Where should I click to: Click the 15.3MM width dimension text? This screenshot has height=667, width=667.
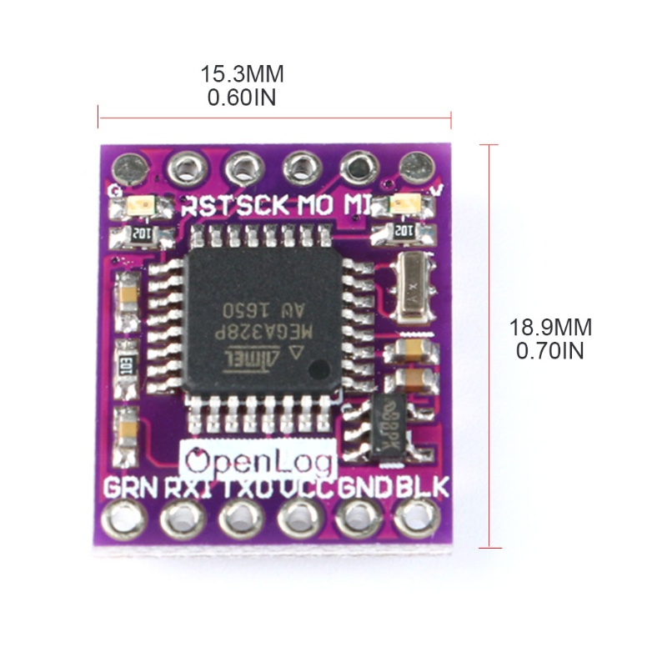pyautogui.click(x=242, y=74)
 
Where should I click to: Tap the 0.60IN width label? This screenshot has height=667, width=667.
pyautogui.click(x=242, y=98)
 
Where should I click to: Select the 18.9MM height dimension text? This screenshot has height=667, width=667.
pyautogui.click(x=550, y=328)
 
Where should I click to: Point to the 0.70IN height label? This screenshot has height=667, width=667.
pyautogui.click(x=550, y=351)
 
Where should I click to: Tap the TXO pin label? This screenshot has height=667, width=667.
pyautogui.click(x=248, y=487)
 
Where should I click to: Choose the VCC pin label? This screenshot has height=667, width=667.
pyautogui.click(x=306, y=487)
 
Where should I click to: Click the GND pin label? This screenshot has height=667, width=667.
pyautogui.click(x=364, y=487)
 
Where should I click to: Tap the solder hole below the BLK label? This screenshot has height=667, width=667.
pyautogui.click(x=416, y=523)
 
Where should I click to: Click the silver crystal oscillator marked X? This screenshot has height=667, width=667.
pyautogui.click(x=412, y=287)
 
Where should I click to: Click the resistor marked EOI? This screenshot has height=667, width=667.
pyautogui.click(x=128, y=364)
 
